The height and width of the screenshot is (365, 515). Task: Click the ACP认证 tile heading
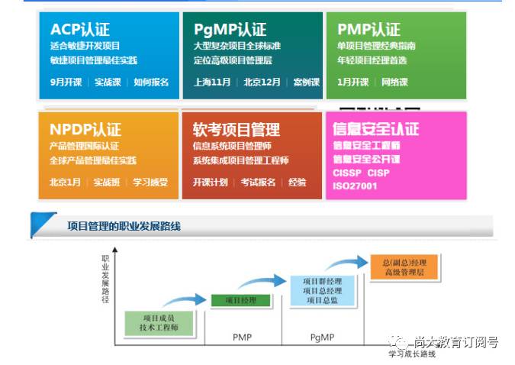[80, 30]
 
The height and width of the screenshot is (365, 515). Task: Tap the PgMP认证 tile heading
[230, 30]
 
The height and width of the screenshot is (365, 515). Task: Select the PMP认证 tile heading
[369, 30]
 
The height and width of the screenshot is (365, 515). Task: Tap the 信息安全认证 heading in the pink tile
[376, 129]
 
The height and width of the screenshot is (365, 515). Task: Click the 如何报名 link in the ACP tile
[151, 82]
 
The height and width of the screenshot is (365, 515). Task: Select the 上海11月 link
[212, 82]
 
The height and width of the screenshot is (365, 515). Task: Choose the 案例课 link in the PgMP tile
[306, 82]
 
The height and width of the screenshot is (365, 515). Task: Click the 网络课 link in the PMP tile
[394, 82]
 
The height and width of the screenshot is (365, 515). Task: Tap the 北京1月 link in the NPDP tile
[65, 182]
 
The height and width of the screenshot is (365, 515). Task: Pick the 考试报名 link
[258, 182]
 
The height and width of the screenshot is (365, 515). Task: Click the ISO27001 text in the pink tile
[355, 186]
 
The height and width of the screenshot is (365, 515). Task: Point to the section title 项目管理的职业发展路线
[124, 226]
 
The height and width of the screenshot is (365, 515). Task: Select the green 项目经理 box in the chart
[240, 300]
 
